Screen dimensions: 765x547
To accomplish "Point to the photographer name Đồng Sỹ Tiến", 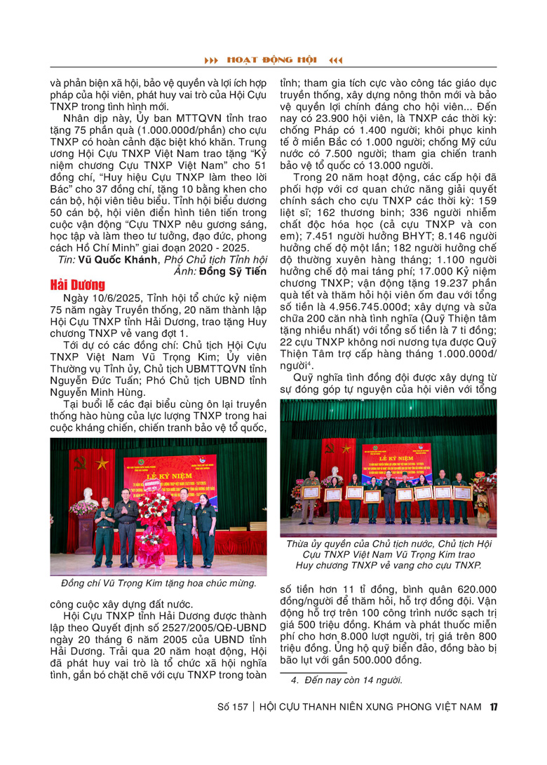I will tap(234, 271).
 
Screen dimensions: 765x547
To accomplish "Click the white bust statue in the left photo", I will tap(85, 495).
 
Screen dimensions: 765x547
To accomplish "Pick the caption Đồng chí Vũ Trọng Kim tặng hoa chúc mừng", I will tap(158, 583).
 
